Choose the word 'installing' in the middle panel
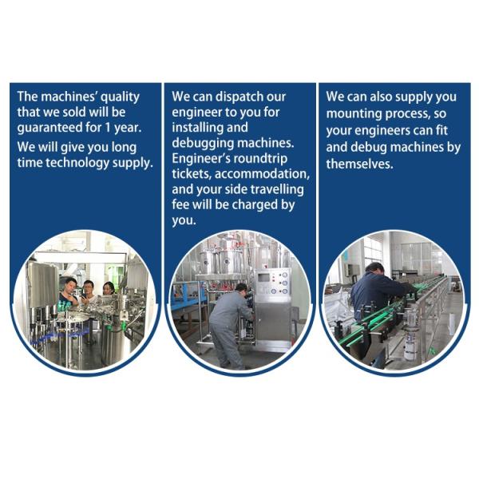coord(198,128)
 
